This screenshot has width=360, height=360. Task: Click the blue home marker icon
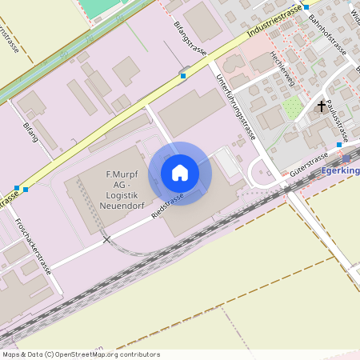[x=180, y=173]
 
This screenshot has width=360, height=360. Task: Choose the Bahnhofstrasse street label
[x=327, y=37]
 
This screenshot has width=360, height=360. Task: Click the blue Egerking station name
[x=339, y=170]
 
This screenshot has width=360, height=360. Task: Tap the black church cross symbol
[x=322, y=106]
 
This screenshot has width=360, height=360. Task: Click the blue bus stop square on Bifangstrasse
[x=183, y=75]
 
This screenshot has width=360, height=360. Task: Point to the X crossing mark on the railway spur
[x=106, y=239]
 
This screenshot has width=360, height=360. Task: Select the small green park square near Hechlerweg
[x=293, y=106]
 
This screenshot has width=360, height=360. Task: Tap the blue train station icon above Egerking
[x=346, y=158]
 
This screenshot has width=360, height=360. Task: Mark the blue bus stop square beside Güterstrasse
[x=339, y=145]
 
